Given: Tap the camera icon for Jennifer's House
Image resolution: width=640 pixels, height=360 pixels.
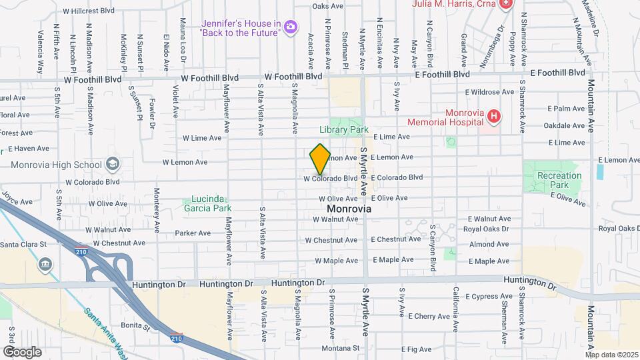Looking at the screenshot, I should (x=290, y=27).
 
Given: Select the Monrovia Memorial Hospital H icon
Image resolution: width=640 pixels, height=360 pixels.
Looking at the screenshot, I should (x=493, y=118).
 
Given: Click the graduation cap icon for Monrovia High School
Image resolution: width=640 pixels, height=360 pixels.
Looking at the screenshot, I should (x=113, y=165).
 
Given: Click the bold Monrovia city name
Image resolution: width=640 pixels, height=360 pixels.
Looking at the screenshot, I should (x=340, y=209).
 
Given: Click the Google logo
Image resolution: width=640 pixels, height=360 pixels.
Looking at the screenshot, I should (x=22, y=351).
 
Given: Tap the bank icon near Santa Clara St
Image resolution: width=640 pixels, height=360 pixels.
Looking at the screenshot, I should (x=45, y=264).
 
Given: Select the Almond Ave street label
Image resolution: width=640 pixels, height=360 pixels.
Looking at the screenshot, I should (x=489, y=245).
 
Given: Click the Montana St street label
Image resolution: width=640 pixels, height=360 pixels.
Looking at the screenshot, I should (x=340, y=348).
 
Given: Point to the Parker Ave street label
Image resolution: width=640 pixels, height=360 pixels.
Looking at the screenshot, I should (x=193, y=233).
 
